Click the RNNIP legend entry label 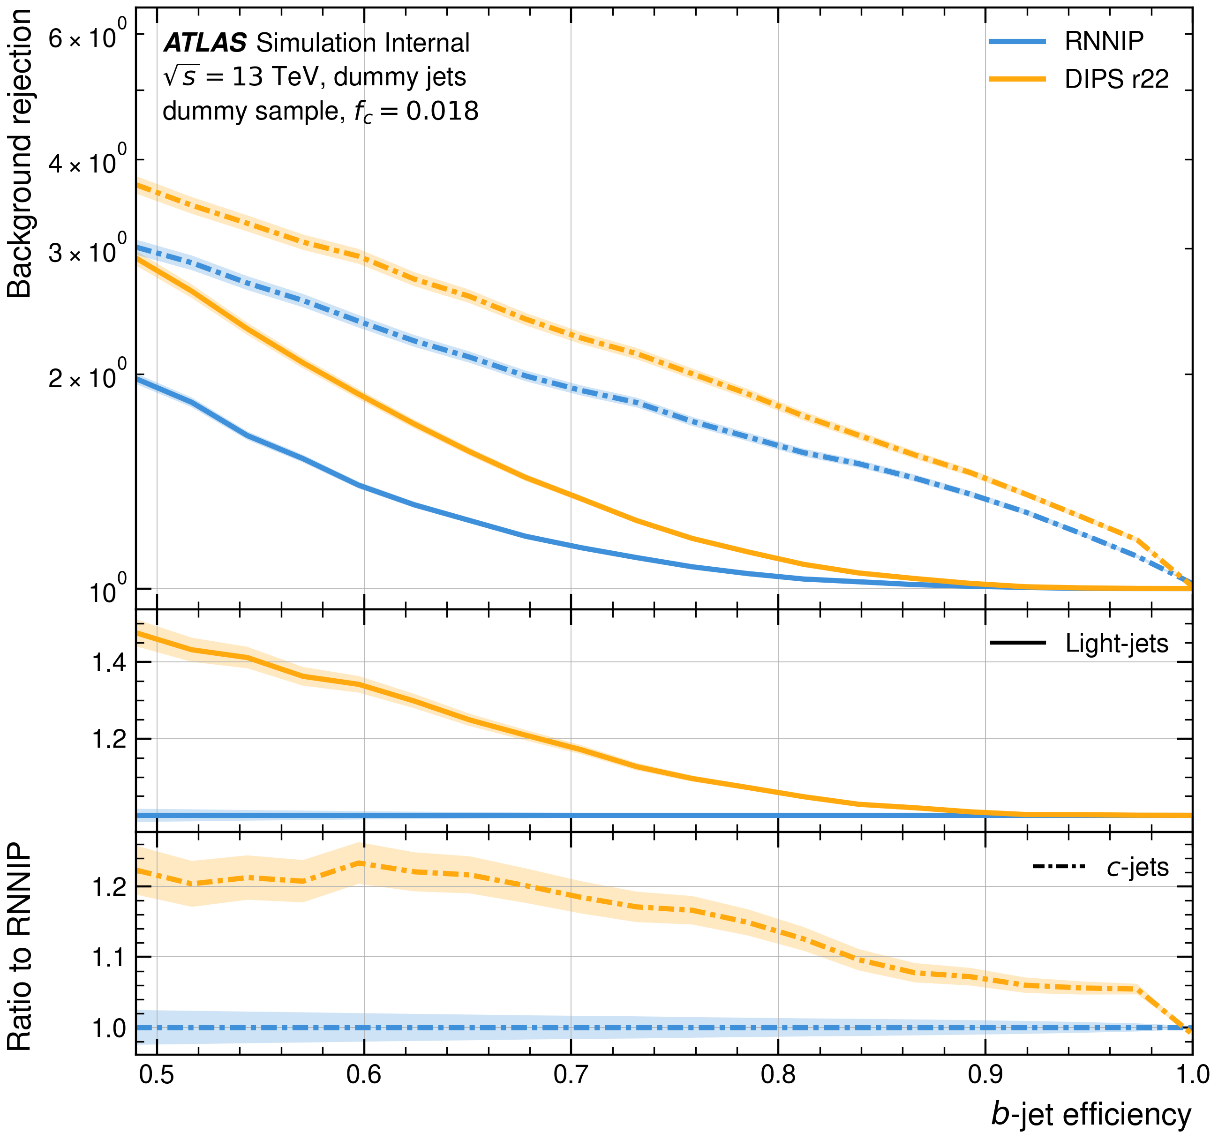tap(1104, 41)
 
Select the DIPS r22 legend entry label tap(1116, 79)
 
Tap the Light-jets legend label tap(1116, 643)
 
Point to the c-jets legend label tap(1137, 867)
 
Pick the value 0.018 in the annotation tap(443, 111)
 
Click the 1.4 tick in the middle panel tap(109, 662)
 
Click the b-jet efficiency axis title tap(1090, 1114)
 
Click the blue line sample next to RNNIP tap(1017, 41)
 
